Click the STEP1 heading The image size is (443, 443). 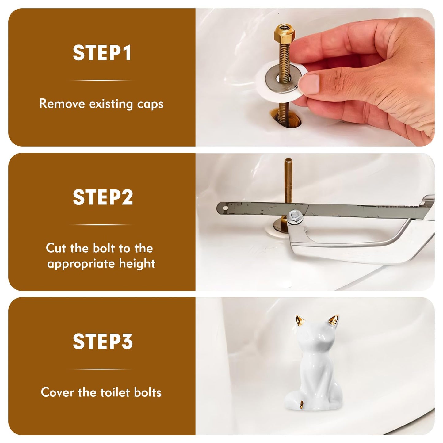point(102,53)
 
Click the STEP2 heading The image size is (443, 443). point(103,197)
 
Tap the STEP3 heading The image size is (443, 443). point(103,342)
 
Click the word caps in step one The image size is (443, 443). point(150,104)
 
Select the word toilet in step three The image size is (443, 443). point(115,392)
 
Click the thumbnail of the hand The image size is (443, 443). point(309,84)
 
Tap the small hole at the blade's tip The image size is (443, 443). point(225,208)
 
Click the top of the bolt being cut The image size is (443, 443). point(288,159)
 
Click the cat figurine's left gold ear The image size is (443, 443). point(300,321)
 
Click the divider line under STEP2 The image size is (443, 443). point(101,225)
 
